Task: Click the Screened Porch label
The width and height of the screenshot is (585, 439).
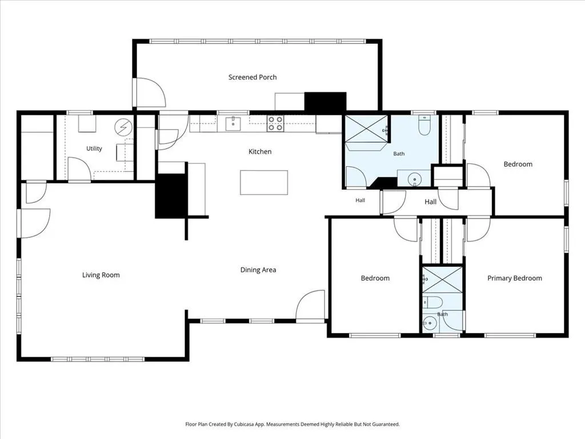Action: (x=253, y=77)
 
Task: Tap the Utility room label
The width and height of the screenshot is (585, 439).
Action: (x=94, y=149)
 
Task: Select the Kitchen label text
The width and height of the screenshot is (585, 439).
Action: (x=260, y=151)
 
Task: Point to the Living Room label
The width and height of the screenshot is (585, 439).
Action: (x=101, y=275)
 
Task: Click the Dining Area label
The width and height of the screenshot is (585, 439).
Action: (x=258, y=270)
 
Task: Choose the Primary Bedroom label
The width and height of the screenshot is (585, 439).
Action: (x=515, y=278)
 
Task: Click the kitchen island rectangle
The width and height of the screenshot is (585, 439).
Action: (x=264, y=182)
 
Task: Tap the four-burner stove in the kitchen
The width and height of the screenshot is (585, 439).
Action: (x=275, y=123)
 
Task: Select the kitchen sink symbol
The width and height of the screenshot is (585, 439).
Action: (x=233, y=124)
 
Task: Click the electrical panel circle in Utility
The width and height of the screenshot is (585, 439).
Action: (x=123, y=127)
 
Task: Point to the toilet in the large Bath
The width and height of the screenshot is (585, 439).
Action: (x=424, y=125)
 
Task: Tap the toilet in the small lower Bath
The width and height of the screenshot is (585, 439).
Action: (x=432, y=302)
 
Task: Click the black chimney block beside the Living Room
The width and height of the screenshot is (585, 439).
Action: (x=170, y=195)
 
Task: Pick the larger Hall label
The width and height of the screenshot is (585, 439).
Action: (x=430, y=202)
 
